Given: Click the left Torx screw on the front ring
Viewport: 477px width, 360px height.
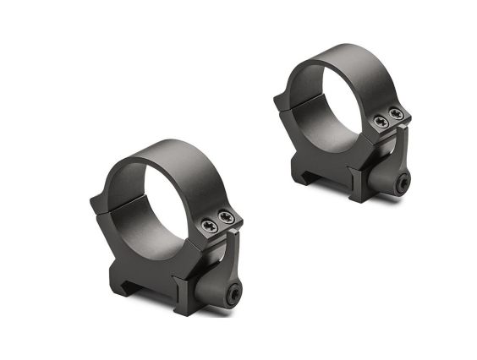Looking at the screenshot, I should click(x=208, y=224).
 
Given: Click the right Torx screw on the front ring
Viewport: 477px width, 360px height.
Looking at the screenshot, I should click(x=224, y=218).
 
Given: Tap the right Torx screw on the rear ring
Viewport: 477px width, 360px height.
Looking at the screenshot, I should click(x=394, y=115).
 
